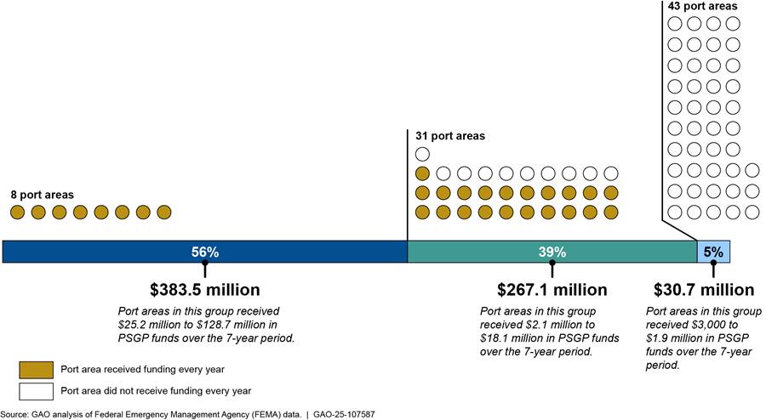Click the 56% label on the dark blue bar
click(x=204, y=252)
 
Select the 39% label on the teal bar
click(x=552, y=252)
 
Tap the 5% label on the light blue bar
click(x=713, y=252)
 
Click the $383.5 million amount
click(x=205, y=290)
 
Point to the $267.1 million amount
click(x=552, y=290)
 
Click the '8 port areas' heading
click(x=43, y=195)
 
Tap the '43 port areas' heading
click(x=702, y=6)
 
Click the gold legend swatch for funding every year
click(x=36, y=369)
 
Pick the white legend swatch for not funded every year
click(x=36, y=391)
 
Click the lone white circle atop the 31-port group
click(x=422, y=154)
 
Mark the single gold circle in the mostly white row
click(x=422, y=173)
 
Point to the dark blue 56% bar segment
click(x=102, y=252)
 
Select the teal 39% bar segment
click(x=477, y=252)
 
